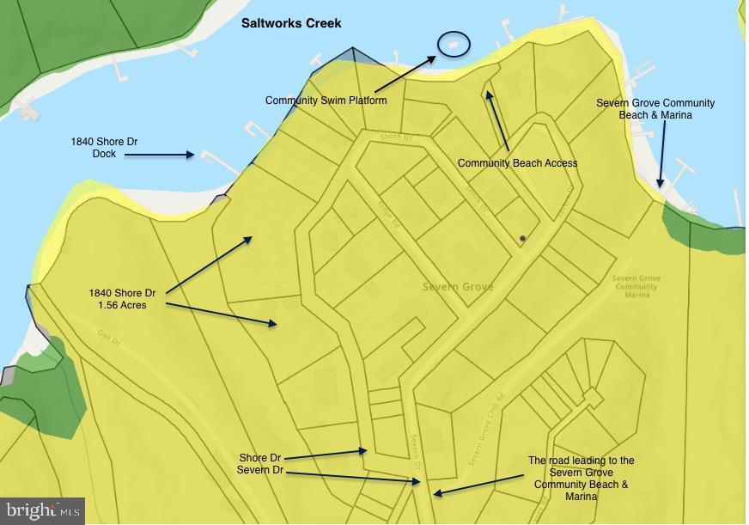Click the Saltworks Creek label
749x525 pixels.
[x=291, y=22]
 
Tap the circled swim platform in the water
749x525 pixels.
[x=454, y=43]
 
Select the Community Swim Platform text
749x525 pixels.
[x=326, y=101]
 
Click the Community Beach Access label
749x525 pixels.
[x=517, y=163]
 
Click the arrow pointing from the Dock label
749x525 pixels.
[x=160, y=156]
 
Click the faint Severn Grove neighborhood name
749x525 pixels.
[x=458, y=287]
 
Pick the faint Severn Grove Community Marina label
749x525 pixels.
[x=636, y=286]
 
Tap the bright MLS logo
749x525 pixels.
[x=42, y=511]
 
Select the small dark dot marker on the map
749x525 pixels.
[x=521, y=238]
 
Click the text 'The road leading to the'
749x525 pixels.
[x=581, y=461]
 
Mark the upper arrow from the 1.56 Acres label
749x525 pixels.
[x=209, y=265]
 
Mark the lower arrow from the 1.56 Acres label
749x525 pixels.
[x=222, y=314]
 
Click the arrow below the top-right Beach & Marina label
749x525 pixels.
[x=661, y=155]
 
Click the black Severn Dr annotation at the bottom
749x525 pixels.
[x=261, y=470]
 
